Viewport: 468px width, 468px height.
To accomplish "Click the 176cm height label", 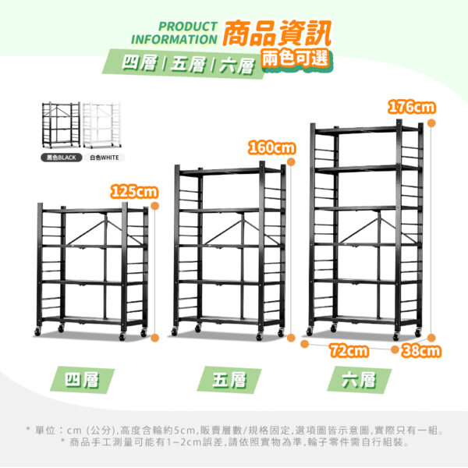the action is point(411,107).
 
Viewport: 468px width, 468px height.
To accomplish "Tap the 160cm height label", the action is point(271,147).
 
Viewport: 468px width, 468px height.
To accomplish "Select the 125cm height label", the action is point(134,191).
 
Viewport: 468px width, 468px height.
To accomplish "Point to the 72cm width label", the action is point(349,350).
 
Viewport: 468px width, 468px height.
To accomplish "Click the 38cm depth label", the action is point(421,350).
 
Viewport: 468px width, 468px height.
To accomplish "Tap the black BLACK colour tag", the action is point(61,158).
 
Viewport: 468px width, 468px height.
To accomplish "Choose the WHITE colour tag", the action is point(105,158).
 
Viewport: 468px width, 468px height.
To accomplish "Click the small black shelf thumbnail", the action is point(61,125).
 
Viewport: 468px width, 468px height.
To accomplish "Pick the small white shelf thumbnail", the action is point(101,125).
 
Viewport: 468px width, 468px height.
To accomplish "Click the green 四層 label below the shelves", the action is point(82,380).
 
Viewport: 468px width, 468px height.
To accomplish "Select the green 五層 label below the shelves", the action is point(229,380).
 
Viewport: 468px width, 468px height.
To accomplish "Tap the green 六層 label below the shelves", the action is point(359,380).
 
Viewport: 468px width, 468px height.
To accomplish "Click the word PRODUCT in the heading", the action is point(188,27).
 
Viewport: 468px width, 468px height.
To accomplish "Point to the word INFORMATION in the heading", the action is point(174,40).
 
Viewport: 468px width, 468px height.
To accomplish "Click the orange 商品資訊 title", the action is point(277,33).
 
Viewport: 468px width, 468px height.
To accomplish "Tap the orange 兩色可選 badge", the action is point(296,58).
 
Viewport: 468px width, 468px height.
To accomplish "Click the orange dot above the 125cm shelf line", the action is point(155,206).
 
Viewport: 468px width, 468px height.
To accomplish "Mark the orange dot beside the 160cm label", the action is point(291,161).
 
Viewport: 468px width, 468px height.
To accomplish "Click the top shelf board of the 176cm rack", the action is point(367,129).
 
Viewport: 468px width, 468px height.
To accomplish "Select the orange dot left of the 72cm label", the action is point(304,344).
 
